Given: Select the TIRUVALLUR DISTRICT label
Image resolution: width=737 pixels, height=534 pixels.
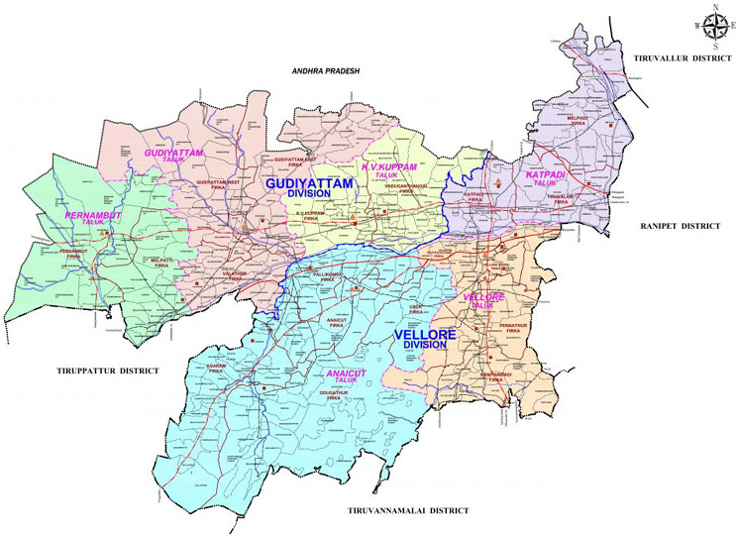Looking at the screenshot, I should (x=682, y=58).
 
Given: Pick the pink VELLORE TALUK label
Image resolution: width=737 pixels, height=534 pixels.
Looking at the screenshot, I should (x=482, y=300).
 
